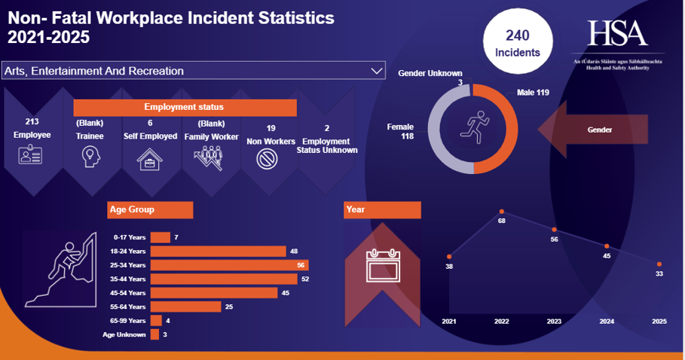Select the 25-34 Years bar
point(229,265)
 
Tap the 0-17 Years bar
point(160,238)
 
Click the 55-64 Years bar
point(185,307)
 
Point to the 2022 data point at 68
point(501,212)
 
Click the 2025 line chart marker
point(659,264)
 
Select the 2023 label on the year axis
point(554,322)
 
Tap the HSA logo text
point(618,33)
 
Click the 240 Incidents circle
point(518,44)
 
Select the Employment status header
point(184,107)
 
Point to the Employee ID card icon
point(32,155)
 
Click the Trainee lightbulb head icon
point(90,156)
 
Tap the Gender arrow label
point(599,130)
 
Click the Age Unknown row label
point(124,334)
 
